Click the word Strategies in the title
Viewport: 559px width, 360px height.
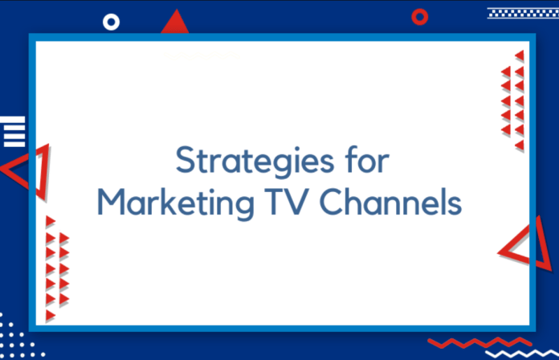[x=255, y=161]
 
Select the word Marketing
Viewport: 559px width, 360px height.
[x=176, y=202]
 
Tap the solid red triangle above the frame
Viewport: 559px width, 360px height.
[x=175, y=23]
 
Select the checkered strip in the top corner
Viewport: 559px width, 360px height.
[x=523, y=13]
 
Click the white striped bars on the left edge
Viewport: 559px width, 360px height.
[x=13, y=131]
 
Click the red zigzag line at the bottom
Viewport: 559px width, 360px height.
[x=479, y=343]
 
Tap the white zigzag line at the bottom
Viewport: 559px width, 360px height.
[x=522, y=354]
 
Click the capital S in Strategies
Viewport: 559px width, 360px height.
[x=187, y=159]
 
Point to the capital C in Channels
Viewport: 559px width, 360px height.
[x=333, y=202]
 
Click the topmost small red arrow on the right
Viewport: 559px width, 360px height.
[x=520, y=55]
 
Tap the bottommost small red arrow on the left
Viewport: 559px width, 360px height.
[x=51, y=316]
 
